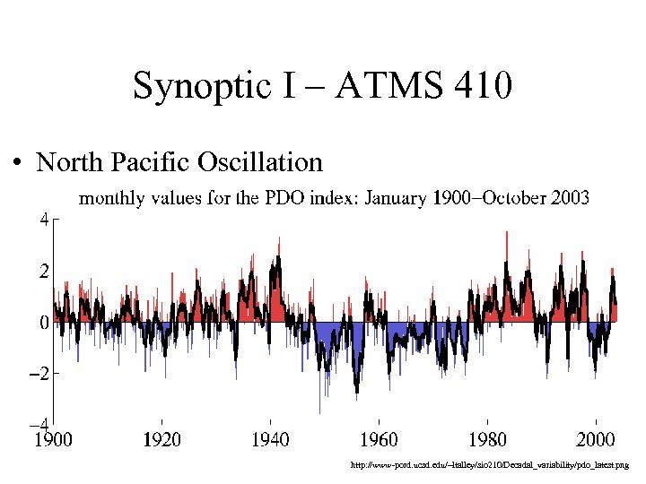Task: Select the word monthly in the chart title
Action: [114, 198]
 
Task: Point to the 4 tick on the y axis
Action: [42, 218]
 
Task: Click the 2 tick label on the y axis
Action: [42, 270]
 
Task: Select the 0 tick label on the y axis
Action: [42, 322]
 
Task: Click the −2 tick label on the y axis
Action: [38, 373]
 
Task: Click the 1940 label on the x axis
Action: [270, 439]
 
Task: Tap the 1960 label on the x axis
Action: [379, 439]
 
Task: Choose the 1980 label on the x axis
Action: [487, 439]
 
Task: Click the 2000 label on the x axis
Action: [595, 439]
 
